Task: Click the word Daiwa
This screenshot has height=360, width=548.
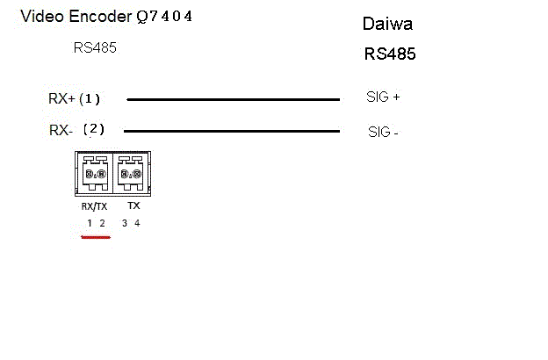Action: [x=387, y=25]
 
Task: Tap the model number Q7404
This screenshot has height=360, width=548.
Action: [x=160, y=16]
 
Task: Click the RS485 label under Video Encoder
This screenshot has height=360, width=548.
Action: [x=95, y=48]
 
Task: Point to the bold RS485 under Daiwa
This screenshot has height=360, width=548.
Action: [x=390, y=54]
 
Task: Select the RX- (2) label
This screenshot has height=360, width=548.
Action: [x=76, y=130]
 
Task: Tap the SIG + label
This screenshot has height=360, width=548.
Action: [x=383, y=97]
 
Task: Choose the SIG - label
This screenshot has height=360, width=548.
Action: [x=382, y=133]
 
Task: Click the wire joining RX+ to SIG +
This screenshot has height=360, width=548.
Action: [x=233, y=99]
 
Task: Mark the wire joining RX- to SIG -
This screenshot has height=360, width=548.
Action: [x=233, y=132]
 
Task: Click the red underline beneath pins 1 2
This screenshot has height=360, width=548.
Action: [x=96, y=237]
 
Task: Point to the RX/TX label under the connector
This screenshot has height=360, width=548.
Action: [x=95, y=205]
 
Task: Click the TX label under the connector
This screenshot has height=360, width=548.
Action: [x=133, y=205]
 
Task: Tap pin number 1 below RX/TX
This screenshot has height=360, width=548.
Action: [x=90, y=223]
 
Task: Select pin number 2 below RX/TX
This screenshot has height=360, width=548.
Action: [x=102, y=223]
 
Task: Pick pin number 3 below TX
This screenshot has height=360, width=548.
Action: [x=125, y=223]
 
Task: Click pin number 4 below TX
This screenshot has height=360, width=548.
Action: [x=137, y=223]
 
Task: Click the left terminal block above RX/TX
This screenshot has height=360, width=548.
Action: [x=95, y=174]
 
